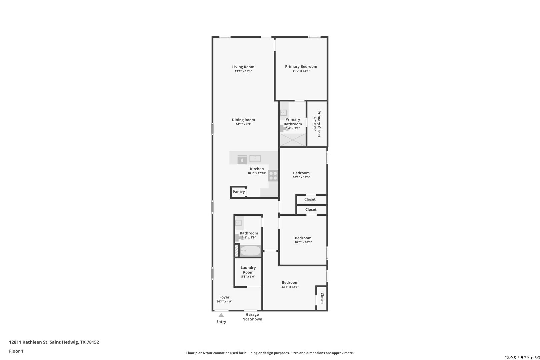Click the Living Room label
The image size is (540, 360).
pyautogui.click(x=243, y=67)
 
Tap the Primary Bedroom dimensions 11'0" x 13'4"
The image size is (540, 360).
pyautogui.click(x=301, y=71)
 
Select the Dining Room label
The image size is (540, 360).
pyautogui.click(x=243, y=120)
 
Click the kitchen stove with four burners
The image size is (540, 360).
pyautogui.click(x=273, y=176)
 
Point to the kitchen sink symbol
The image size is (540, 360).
pyautogui.click(x=255, y=158)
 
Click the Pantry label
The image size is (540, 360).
pyautogui.click(x=239, y=192)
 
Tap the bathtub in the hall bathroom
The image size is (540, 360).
pyautogui.click(x=250, y=251)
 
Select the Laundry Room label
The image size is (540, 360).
pyautogui.click(x=248, y=270)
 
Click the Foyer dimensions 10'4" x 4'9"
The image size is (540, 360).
pyautogui.click(x=224, y=301)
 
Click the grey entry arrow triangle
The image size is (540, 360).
pyautogui.click(x=221, y=315)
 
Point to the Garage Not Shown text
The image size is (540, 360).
pyautogui.click(x=252, y=317)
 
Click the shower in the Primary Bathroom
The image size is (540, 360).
pyautogui.click(x=293, y=140)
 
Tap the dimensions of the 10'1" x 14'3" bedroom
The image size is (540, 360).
pyautogui.click(x=301, y=177)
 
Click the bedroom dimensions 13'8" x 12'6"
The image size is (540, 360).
pyautogui.click(x=290, y=287)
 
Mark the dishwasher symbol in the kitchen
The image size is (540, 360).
pyautogui.click(x=242, y=159)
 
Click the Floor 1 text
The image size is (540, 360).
pyautogui.click(x=16, y=351)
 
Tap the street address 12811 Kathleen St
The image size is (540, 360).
pyautogui.click(x=28, y=342)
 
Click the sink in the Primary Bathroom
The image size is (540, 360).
pyautogui.click(x=283, y=113)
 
